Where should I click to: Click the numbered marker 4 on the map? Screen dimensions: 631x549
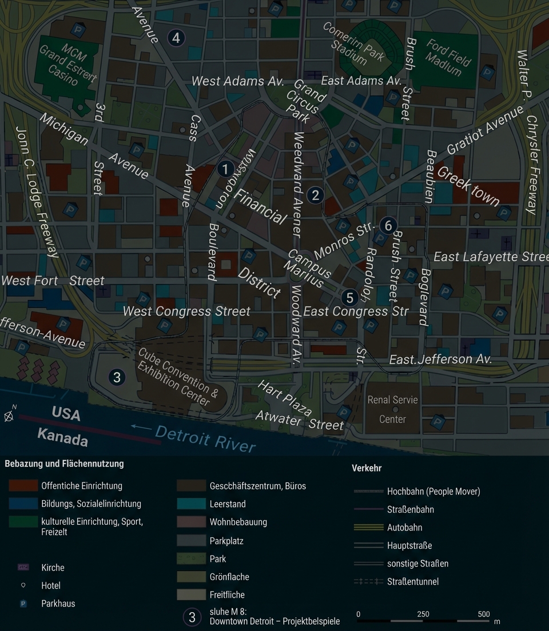click(176, 38)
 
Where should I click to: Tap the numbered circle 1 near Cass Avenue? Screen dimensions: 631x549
click(225, 169)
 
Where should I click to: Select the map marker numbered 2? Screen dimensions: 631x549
click(315, 195)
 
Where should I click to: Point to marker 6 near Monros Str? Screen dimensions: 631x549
click(388, 226)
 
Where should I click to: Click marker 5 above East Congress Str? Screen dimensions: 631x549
click(349, 297)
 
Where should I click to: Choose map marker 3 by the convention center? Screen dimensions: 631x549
click(117, 377)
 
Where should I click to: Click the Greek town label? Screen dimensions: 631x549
click(468, 185)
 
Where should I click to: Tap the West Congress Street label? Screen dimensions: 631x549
click(186, 311)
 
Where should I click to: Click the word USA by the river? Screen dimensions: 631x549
click(66, 414)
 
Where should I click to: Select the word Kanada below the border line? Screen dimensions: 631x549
click(63, 438)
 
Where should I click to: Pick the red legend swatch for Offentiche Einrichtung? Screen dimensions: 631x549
click(23, 486)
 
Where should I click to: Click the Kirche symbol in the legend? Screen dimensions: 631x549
click(23, 568)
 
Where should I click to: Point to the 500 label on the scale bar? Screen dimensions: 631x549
click(484, 614)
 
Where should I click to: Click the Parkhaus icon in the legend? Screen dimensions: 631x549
click(23, 604)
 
